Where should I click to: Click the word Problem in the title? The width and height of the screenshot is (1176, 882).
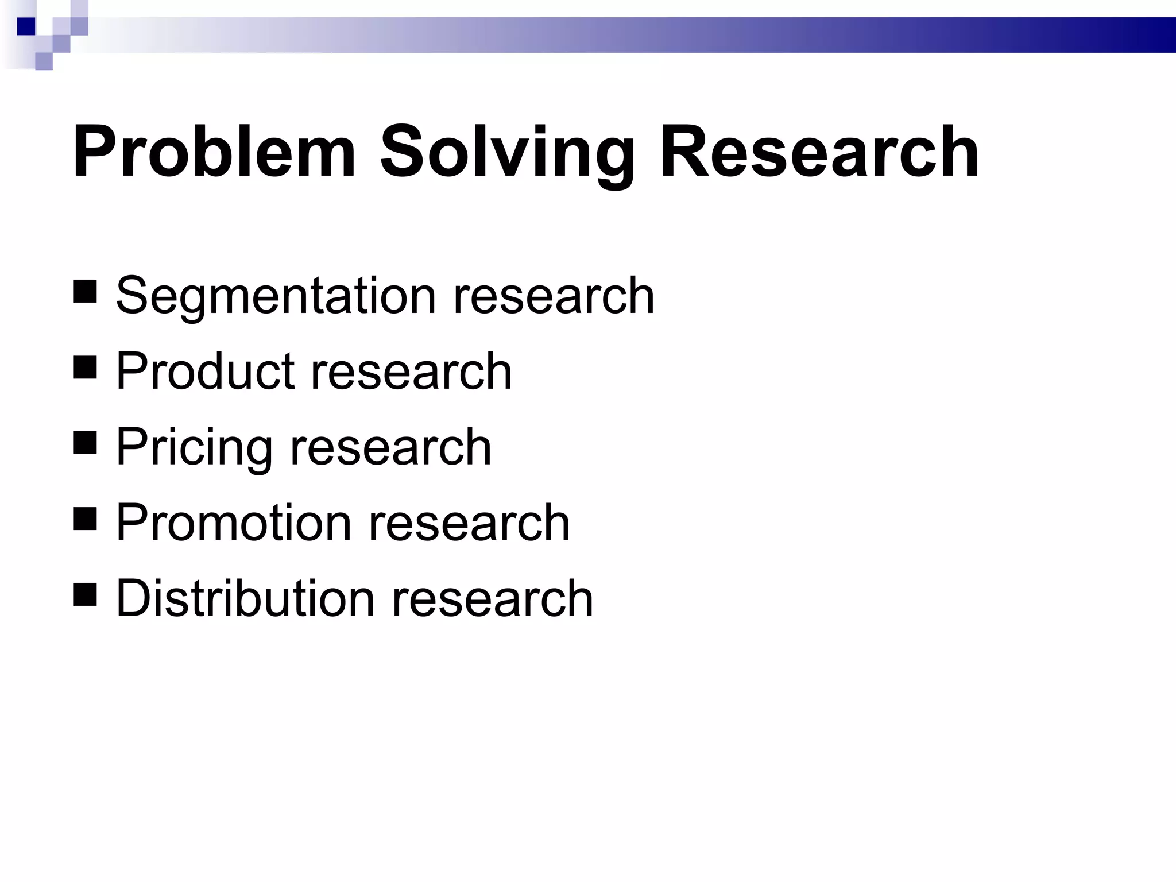pos(214,152)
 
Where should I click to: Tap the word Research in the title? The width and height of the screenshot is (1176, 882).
pos(819,152)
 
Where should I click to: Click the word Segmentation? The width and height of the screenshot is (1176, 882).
pos(276,296)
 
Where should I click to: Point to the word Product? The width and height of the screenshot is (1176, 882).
pos(204,372)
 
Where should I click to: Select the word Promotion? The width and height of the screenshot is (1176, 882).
pos(233,523)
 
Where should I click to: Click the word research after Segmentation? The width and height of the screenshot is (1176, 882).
pos(554,296)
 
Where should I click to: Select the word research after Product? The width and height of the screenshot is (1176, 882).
pos(411,372)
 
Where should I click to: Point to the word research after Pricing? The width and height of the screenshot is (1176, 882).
pos(390,447)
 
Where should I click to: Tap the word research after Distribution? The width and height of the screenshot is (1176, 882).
pos(492,598)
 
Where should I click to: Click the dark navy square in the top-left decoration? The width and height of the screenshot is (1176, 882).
pos(26,26)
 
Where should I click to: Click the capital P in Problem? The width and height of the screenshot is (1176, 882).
pos(92,152)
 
